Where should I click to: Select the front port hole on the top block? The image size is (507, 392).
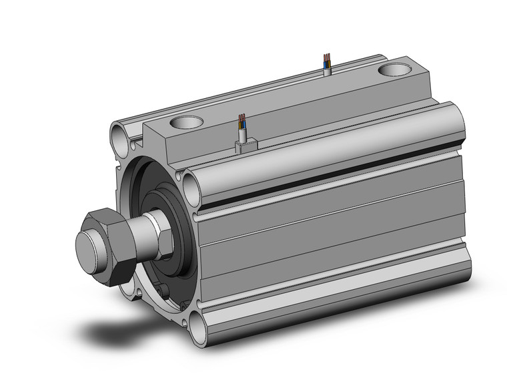tap(186, 123)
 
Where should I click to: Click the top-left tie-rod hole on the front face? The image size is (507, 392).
tap(120, 141)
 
